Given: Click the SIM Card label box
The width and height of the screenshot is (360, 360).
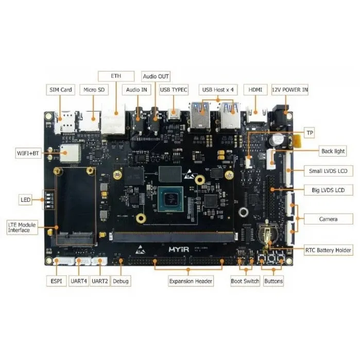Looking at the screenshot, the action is (61, 90).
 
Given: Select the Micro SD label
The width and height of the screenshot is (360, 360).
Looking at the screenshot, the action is (94, 90).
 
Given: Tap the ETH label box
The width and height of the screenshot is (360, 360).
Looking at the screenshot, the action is (116, 76).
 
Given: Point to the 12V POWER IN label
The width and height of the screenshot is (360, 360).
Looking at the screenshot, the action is (290, 90).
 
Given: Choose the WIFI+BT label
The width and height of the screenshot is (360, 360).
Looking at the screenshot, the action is (28, 153).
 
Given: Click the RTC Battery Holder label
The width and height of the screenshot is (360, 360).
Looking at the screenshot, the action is (328, 250).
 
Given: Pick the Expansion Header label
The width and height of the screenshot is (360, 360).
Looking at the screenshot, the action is (191, 281).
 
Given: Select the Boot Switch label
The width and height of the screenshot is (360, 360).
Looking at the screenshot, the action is (245, 281).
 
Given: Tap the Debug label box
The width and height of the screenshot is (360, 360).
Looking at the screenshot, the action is (121, 281).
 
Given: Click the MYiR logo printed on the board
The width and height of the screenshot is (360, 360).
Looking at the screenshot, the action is (179, 249).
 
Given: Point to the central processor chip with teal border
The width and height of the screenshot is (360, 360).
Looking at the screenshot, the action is (170, 199).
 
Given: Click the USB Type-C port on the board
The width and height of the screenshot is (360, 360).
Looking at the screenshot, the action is (174, 114).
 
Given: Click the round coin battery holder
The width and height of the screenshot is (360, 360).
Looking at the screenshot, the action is (267, 234).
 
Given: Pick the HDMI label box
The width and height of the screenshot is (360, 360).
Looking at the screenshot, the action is (255, 90).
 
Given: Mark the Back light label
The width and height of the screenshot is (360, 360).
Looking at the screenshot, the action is (333, 151).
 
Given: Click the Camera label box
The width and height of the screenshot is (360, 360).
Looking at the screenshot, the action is (328, 219).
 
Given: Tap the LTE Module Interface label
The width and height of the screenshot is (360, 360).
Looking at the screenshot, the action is (22, 227).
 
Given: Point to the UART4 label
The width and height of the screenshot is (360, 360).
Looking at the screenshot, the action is (79, 281).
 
